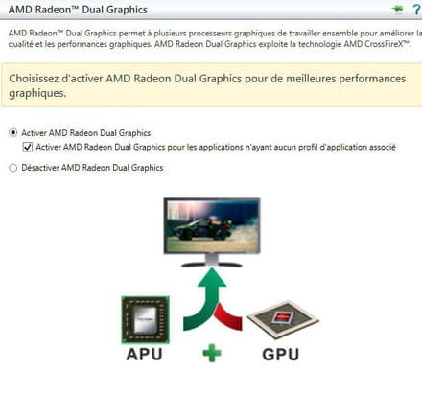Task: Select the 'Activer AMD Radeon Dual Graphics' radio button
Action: pyautogui.click(x=12, y=132)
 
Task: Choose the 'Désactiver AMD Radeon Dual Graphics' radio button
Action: pyautogui.click(x=12, y=168)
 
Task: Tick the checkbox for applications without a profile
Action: pyautogui.click(x=28, y=147)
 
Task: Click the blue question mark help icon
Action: pyautogui.click(x=416, y=10)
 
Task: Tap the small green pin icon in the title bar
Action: pyautogui.click(x=397, y=9)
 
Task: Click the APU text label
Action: pyautogui.click(x=144, y=354)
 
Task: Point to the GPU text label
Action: pyautogui.click(x=281, y=355)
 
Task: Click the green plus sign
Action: pyautogui.click(x=212, y=353)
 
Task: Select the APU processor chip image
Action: pyautogui.click(x=145, y=319)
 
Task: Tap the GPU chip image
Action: pyautogui.click(x=283, y=319)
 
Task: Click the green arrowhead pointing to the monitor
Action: pyautogui.click(x=212, y=277)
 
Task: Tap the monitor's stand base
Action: pyautogui.click(x=212, y=265)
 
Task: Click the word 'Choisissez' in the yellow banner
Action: pyautogui.click(x=34, y=79)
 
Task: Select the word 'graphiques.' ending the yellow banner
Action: pyautogui.click(x=37, y=93)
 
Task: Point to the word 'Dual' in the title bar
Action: pyautogui.click(x=92, y=10)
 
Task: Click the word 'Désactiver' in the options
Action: pyautogui.click(x=40, y=168)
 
